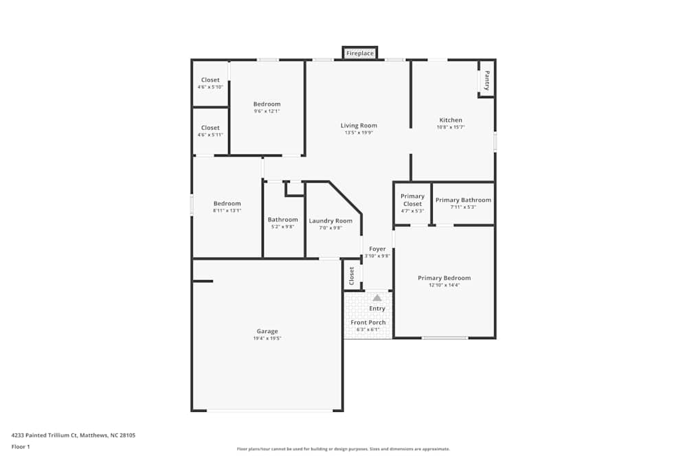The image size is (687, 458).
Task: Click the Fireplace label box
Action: click(360, 53)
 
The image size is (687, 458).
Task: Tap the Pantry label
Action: click(487, 80)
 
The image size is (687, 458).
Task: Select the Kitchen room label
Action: click(451, 120)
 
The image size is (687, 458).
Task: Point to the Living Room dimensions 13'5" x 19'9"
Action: click(359, 133)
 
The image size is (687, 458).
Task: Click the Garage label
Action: click(267, 332)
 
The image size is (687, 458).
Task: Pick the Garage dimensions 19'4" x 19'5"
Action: click(267, 339)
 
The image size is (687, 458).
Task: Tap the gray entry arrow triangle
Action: click(376, 298)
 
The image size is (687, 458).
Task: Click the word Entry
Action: click(376, 309)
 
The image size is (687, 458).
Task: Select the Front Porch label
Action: click(368, 322)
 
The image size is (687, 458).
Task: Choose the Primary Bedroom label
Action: click(444, 278)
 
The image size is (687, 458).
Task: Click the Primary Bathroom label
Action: click(463, 200)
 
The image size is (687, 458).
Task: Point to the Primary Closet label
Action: click(412, 200)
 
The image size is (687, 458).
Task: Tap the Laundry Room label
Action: click(330, 221)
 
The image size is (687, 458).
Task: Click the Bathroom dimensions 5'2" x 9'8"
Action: click(282, 227)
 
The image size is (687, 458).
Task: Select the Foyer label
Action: click(377, 249)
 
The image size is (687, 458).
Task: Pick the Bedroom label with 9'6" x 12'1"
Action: click(267, 104)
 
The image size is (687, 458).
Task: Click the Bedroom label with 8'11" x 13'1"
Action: click(227, 204)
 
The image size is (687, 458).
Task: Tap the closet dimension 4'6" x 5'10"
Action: click(210, 87)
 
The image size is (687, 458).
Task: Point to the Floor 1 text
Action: click(21, 446)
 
